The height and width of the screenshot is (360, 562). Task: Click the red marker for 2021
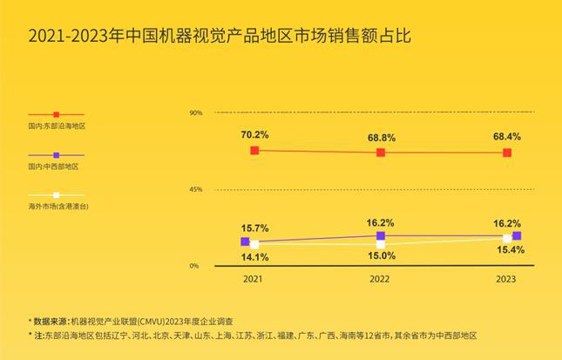pyautogui.click(x=254, y=151)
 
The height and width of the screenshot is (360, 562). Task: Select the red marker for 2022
pyautogui.click(x=381, y=153)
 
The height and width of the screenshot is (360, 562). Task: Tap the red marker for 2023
pyautogui.click(x=507, y=153)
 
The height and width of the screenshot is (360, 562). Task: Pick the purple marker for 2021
pyautogui.click(x=245, y=241)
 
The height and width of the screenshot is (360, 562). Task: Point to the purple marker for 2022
pyautogui.click(x=381, y=235)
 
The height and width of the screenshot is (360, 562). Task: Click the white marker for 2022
pyautogui.click(x=381, y=243)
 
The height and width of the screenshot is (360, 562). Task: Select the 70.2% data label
pyautogui.click(x=254, y=135)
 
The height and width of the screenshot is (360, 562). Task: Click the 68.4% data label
pyautogui.click(x=507, y=137)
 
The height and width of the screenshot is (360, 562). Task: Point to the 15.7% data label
pyautogui.click(x=254, y=228)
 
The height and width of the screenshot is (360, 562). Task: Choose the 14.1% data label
pyautogui.click(x=254, y=257)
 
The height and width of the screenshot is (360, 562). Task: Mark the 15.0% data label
pyautogui.click(x=381, y=255)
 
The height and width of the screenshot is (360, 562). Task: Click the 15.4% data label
pyautogui.click(x=507, y=250)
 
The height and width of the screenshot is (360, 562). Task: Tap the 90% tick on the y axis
pyautogui.click(x=196, y=112)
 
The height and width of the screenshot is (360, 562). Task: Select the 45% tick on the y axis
pyautogui.click(x=196, y=189)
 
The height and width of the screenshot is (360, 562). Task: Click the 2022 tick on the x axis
pyautogui.click(x=381, y=280)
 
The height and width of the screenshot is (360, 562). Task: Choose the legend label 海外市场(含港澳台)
pyautogui.click(x=58, y=207)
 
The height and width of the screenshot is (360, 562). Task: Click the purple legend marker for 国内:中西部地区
pyautogui.click(x=57, y=154)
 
